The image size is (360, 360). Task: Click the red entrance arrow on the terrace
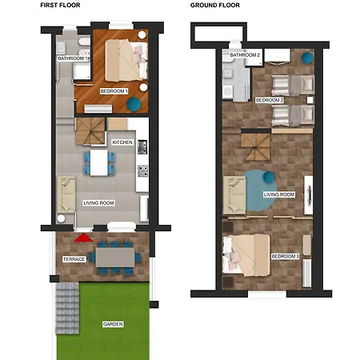83,238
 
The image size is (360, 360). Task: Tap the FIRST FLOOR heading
60,5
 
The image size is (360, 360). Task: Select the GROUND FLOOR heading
215,5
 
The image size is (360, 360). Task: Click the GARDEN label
113,324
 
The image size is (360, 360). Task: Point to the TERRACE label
74,259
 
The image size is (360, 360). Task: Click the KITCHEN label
122,142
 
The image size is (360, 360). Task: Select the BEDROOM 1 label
114,91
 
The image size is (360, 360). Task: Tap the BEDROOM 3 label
285,256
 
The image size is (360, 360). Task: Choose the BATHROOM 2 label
245,55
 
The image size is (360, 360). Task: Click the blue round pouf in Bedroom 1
134,104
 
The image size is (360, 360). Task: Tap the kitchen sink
142,147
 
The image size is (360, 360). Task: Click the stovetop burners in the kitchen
142,171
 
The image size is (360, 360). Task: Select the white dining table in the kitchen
99,163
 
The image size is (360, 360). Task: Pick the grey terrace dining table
115,258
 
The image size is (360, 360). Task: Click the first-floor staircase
90,131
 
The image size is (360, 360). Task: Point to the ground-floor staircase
255,147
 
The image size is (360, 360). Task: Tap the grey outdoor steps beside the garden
68,308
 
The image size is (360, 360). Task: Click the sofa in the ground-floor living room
234,195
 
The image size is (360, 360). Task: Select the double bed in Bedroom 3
246,255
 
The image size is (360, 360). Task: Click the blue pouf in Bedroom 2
307,58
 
